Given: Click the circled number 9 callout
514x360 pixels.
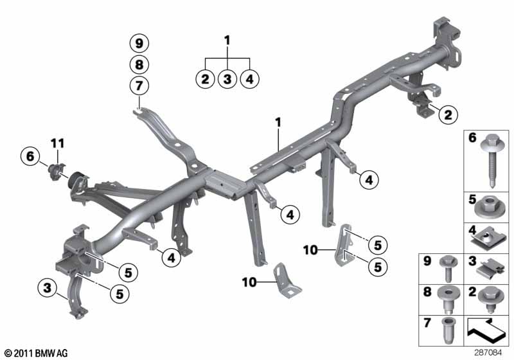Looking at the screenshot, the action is [139, 43].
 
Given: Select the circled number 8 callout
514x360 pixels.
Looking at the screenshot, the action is [139, 64].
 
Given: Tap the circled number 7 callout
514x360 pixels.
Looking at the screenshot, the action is [139, 86].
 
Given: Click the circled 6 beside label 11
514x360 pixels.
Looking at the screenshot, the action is [30, 156].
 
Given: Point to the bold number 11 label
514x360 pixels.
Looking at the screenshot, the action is [57, 143].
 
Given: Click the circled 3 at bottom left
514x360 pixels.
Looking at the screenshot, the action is [48, 288].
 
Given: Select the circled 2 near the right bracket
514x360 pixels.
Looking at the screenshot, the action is [448, 114].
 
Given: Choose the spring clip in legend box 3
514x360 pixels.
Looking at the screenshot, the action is [489, 269].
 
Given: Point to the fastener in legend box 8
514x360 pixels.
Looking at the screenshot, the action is [448, 301].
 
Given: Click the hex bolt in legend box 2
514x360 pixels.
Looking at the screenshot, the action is [490, 300].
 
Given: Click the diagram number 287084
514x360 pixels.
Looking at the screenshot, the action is [488, 353].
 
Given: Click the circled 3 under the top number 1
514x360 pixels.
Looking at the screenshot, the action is [227, 79].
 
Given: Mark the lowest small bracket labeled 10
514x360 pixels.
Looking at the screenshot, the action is [285, 281].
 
